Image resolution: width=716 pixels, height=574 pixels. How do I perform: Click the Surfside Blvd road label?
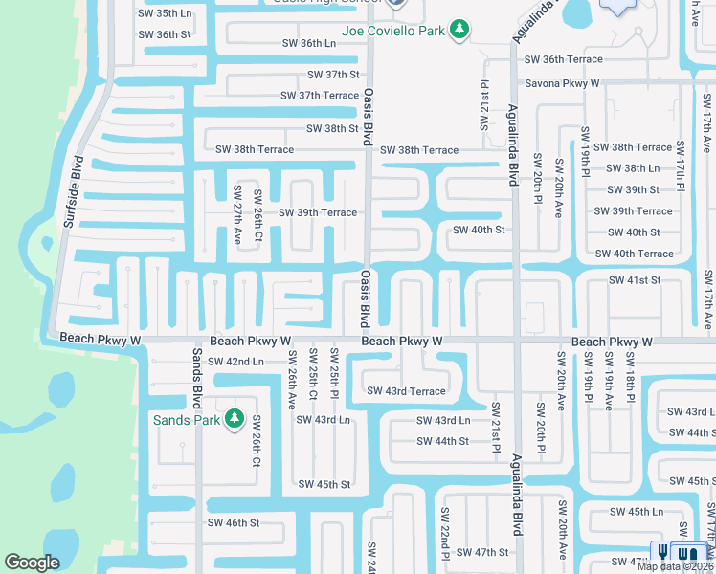[72, 191]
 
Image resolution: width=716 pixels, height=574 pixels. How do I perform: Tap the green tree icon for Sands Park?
[233, 420]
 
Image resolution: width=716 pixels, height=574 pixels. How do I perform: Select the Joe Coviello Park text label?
[391, 31]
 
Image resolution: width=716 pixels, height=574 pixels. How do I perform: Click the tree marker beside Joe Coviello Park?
[459, 31]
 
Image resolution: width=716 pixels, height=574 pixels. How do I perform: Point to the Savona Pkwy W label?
[558, 84]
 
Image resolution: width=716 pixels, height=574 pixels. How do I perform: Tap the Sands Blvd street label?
[196, 378]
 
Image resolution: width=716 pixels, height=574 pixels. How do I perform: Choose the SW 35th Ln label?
[165, 13]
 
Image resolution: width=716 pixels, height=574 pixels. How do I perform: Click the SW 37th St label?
[333, 75]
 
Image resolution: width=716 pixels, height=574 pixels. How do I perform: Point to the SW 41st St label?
[635, 280]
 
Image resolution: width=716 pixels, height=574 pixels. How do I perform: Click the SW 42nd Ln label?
[235, 362]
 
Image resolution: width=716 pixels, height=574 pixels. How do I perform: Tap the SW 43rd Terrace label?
[406, 391]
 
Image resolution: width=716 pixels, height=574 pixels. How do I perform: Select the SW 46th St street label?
[234, 523]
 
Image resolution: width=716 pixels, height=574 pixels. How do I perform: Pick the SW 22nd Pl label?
[445, 542]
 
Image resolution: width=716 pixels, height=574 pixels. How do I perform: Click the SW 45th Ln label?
[637, 512]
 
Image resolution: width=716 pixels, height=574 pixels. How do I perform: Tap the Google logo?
[32, 563]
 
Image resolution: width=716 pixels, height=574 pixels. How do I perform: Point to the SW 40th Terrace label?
[634, 254]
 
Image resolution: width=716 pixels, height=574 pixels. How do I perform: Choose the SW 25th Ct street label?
[313, 379]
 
